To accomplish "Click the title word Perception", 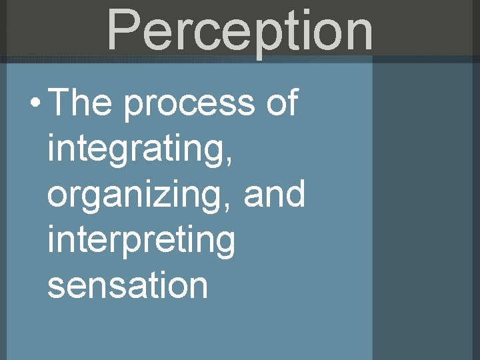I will [x=240, y=30].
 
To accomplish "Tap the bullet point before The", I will [x=35, y=105].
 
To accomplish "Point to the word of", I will [x=281, y=104].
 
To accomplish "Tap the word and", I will [x=274, y=195].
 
